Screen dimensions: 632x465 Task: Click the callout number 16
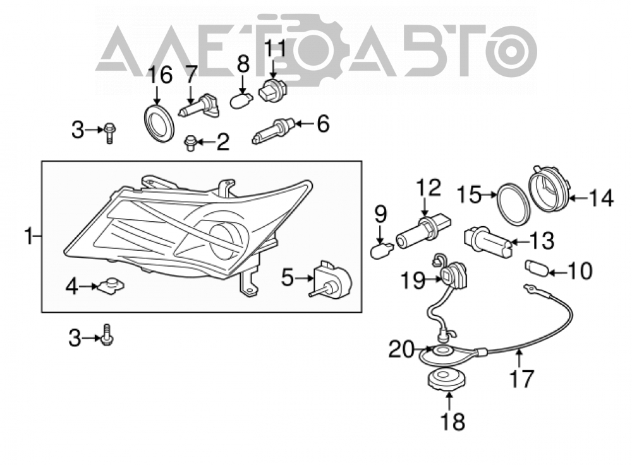[x=160, y=75]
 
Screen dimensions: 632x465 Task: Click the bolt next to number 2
[x=190, y=143]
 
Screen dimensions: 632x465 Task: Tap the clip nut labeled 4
[x=111, y=286]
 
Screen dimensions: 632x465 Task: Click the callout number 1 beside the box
[x=28, y=236]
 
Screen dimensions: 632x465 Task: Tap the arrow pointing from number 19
[x=434, y=279]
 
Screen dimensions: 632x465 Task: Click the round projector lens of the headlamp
[x=224, y=242]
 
